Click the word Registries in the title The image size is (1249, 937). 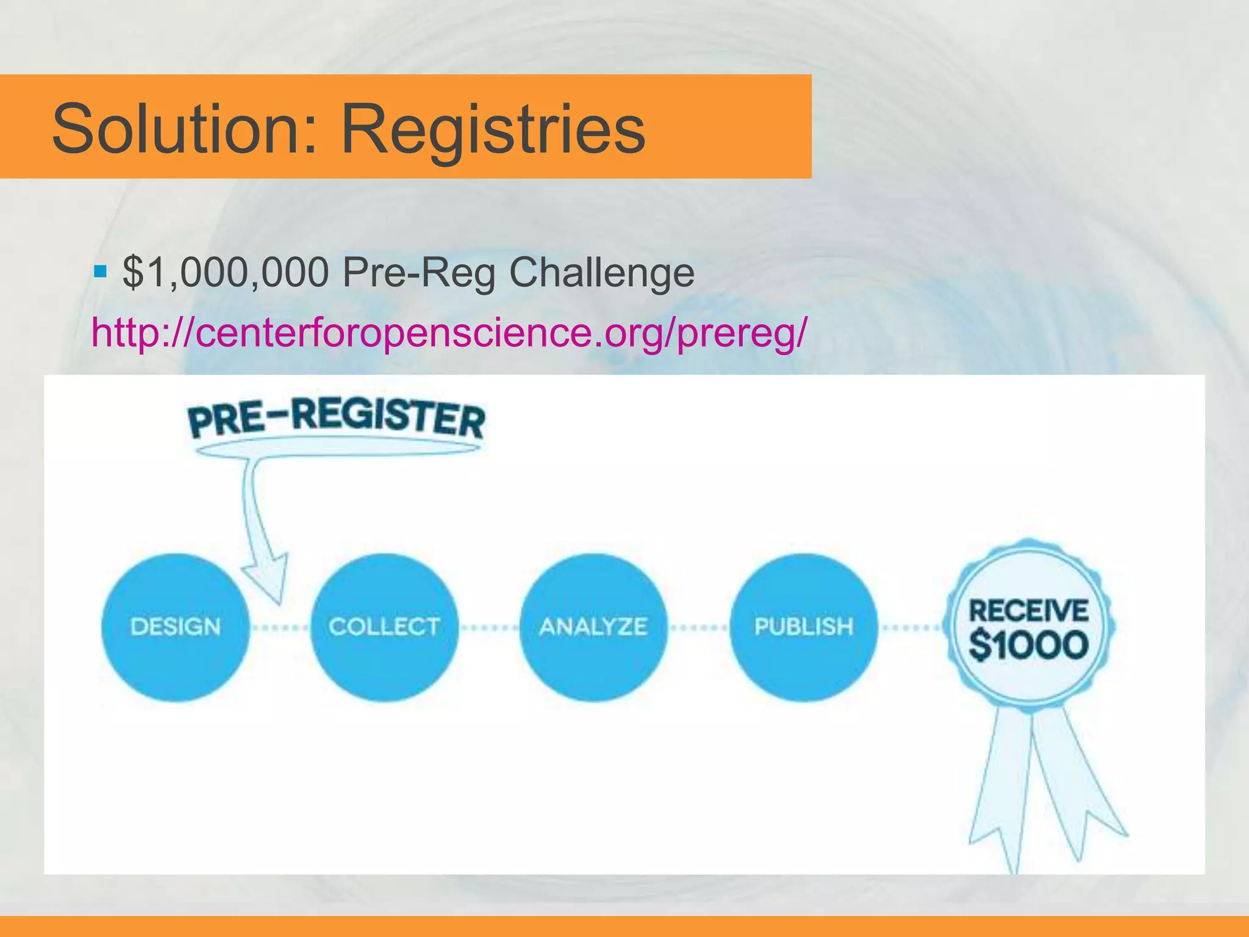click(x=493, y=129)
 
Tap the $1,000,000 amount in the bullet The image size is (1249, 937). click(x=226, y=272)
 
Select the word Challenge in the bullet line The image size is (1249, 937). click(x=601, y=272)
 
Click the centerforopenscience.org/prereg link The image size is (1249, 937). click(x=449, y=332)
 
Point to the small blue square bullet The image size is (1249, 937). click(x=101, y=270)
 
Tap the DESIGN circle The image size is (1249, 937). click(x=176, y=627)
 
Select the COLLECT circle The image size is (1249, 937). click(x=384, y=627)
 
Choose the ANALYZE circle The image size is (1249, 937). click(x=593, y=627)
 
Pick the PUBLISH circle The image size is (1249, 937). click(x=803, y=627)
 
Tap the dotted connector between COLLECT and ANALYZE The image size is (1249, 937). click(x=489, y=627)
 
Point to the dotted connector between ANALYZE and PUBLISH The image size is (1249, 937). click(x=698, y=627)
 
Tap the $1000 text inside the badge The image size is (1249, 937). click(x=1029, y=645)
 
